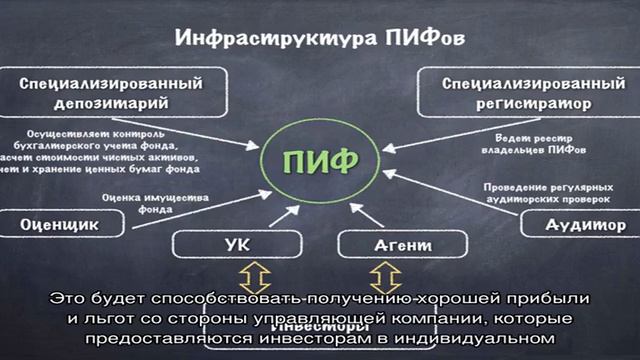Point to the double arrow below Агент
click(386, 277)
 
